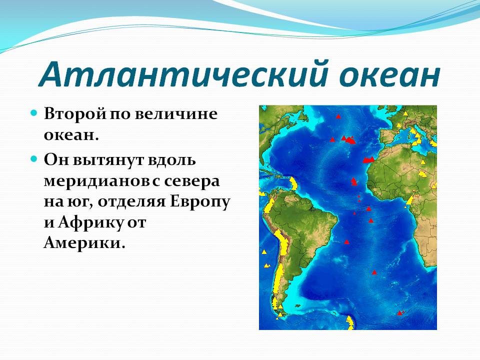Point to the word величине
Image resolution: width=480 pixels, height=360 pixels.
tap(176, 113)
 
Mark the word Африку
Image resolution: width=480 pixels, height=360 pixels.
tap(90, 223)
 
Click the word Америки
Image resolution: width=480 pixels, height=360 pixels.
tap(84, 243)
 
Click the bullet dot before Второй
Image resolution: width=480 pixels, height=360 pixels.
tap(34, 113)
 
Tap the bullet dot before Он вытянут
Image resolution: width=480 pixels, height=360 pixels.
tap(34, 159)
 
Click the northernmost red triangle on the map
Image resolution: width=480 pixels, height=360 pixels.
tap(338, 116)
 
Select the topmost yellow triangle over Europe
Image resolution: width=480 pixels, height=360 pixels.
tap(405, 113)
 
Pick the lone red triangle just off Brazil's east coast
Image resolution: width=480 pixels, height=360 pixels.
tap(346, 242)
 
